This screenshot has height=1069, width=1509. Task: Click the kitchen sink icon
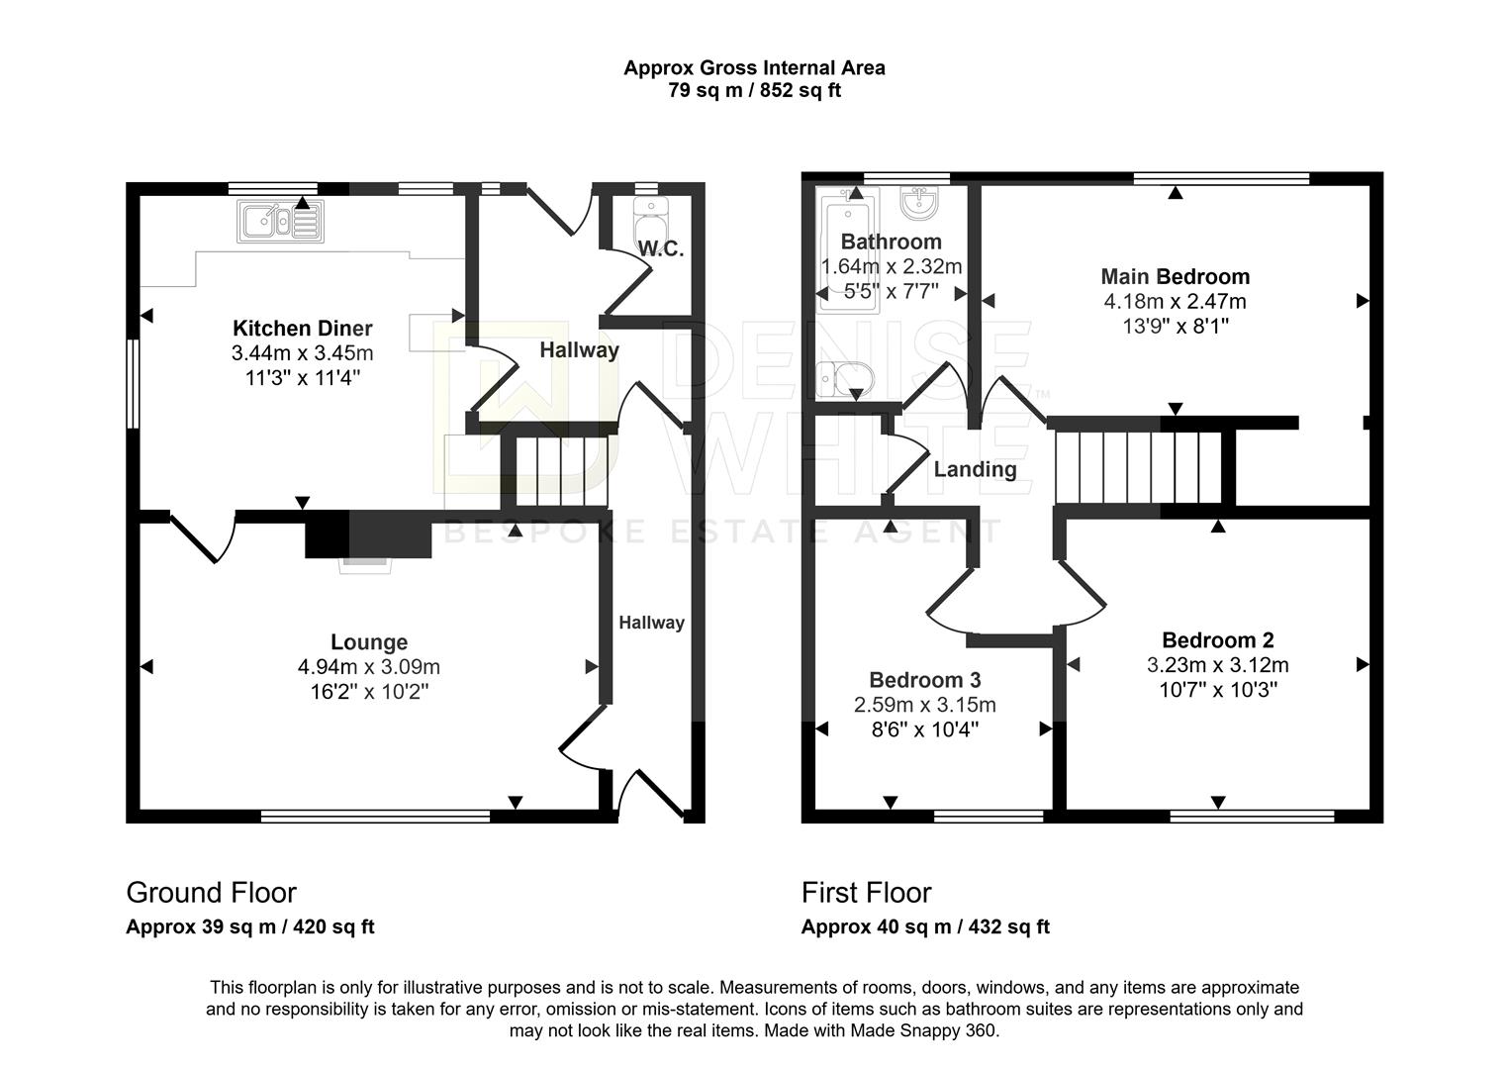pyautogui.click(x=280, y=221)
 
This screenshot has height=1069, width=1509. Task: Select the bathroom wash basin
pyautogui.click(x=919, y=203)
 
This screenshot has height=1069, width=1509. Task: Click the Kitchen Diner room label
pyautogui.click(x=303, y=329)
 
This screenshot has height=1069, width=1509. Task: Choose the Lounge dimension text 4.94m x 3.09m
pyautogui.click(x=369, y=666)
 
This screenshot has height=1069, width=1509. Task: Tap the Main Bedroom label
pyautogui.click(x=1176, y=276)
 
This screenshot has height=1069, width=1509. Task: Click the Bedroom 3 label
pyautogui.click(x=925, y=679)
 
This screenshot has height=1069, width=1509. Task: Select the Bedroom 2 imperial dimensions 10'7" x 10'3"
pyautogui.click(x=1218, y=690)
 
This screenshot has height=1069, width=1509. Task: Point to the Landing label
pyautogui.click(x=975, y=469)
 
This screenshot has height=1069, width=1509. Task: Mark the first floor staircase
pyautogui.click(x=1139, y=466)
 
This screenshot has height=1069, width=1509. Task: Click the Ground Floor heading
pyautogui.click(x=212, y=893)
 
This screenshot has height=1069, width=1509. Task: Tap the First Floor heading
pyautogui.click(x=867, y=893)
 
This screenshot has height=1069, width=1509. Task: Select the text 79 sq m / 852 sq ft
pyautogui.click(x=754, y=90)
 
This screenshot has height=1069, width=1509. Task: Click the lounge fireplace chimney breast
pyautogui.click(x=368, y=534)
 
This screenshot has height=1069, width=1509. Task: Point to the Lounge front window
pyautogui.click(x=375, y=817)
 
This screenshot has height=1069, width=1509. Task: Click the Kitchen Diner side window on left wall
pyautogui.click(x=134, y=383)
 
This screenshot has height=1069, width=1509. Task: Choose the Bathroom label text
pyautogui.click(x=892, y=242)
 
